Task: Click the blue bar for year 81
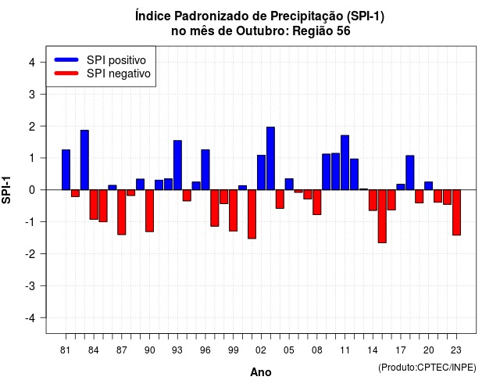66,170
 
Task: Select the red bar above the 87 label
122,212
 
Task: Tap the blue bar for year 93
177,165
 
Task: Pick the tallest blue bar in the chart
270,158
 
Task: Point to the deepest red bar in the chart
382,217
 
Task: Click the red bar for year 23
456,213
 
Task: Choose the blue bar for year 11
345,163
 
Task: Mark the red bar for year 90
149,210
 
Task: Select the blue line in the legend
66,59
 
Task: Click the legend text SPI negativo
119,74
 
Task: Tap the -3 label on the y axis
30,286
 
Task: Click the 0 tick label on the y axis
32,190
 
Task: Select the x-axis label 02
261,350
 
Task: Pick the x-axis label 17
401,350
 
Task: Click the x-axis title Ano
261,372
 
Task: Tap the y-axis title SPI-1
6,190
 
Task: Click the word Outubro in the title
262,31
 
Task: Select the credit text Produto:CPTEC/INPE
427,368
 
